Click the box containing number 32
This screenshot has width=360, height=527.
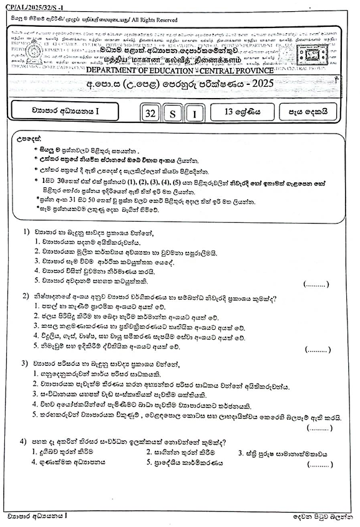coord(150,114)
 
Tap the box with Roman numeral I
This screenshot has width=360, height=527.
coord(195,114)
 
